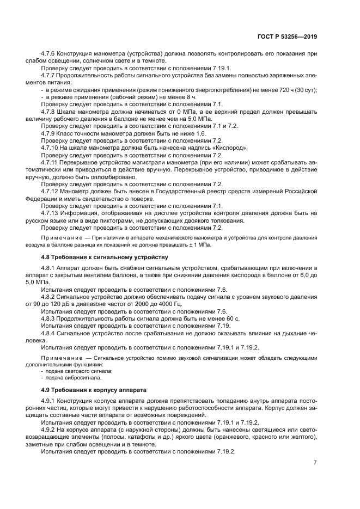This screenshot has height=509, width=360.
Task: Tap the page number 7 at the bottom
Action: pyautogui.click(x=315, y=462)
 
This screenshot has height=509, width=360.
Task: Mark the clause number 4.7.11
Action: pyautogui.click(x=51, y=162)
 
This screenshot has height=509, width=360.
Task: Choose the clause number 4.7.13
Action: pyautogui.click(x=51, y=213)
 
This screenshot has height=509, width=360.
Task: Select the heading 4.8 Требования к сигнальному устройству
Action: pyautogui.click(x=105, y=256)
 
